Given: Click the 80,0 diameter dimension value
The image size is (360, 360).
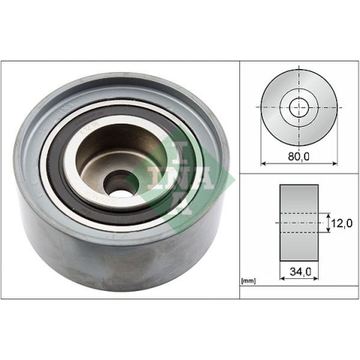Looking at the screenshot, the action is (x=298, y=156).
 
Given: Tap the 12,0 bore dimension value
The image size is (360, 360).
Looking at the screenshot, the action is (x=342, y=223).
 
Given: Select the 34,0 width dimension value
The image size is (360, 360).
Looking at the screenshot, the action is (x=301, y=271).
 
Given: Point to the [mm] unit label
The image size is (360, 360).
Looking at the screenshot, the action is (x=248, y=281).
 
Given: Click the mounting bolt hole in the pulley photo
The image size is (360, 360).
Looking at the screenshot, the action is (x=119, y=185).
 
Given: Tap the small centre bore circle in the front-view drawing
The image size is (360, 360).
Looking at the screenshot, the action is (x=299, y=107).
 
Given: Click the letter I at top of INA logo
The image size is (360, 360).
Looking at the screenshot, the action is (x=184, y=153).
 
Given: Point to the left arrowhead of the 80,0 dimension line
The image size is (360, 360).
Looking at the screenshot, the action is (x=263, y=163).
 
